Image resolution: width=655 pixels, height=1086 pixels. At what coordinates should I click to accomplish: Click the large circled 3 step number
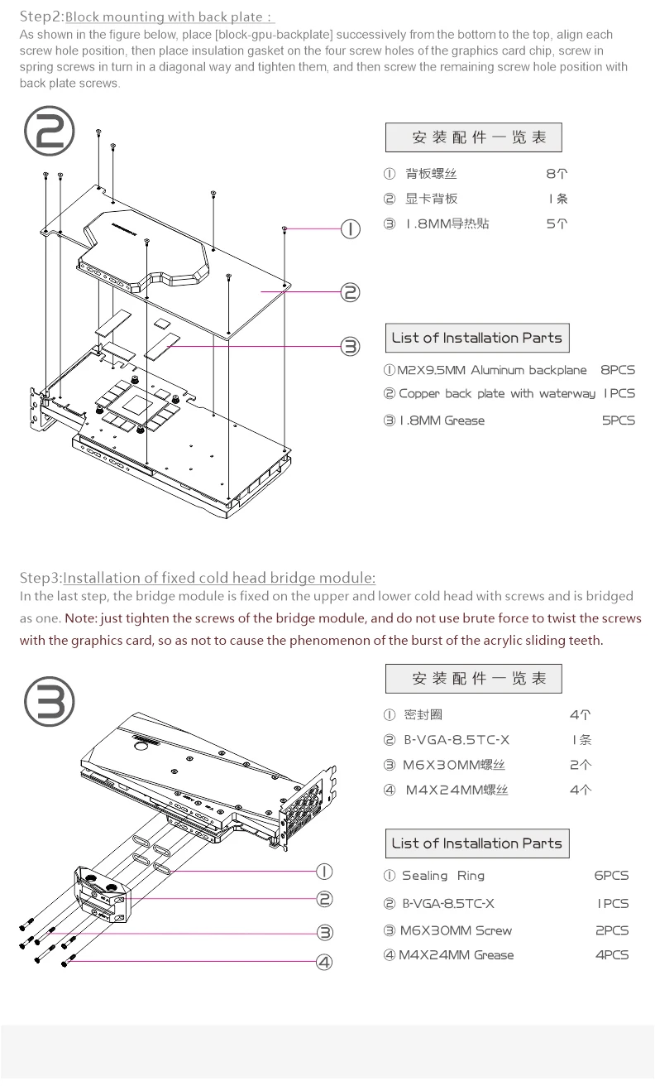click(x=50, y=701)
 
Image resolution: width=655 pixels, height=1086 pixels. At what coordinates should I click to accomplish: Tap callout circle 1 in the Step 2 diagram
click(x=351, y=229)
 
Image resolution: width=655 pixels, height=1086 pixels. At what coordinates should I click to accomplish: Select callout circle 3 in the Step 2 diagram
click(x=351, y=346)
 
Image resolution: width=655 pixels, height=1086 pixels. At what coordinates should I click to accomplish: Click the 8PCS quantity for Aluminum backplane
click(x=617, y=370)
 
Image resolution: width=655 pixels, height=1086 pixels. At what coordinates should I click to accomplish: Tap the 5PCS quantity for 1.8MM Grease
click(x=618, y=420)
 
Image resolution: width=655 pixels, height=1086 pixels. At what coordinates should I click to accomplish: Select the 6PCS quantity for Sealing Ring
click(x=611, y=876)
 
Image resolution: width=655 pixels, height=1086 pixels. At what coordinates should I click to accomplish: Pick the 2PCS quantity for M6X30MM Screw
click(x=612, y=930)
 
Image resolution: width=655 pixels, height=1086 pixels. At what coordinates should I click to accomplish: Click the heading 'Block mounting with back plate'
click(x=169, y=17)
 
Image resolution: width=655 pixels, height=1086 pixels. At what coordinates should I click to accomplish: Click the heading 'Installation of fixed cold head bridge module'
click(x=219, y=577)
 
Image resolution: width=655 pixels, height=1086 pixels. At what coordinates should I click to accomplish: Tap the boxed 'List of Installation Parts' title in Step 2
click(x=476, y=338)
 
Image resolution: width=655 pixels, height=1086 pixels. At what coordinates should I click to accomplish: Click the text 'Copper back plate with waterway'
click(x=497, y=394)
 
